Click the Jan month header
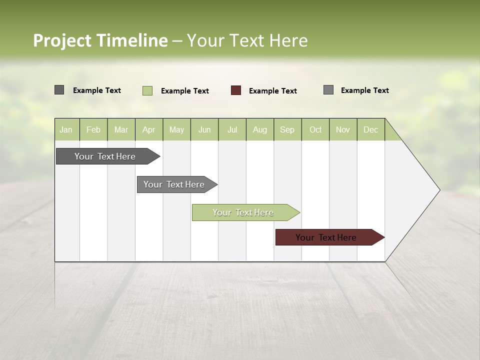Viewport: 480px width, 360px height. click(x=66, y=130)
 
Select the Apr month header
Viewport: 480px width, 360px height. click(x=148, y=130)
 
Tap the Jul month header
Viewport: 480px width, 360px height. click(x=232, y=130)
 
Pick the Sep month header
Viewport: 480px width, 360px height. click(x=287, y=130)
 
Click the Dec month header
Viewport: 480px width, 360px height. click(x=370, y=130)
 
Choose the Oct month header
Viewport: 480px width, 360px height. click(x=315, y=130)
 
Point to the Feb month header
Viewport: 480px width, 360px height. click(x=93, y=130)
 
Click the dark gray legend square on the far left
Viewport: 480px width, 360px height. click(x=59, y=90)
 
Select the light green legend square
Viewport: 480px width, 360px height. click(x=147, y=90)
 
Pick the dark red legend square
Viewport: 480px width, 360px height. click(x=236, y=90)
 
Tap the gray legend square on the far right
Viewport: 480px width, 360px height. click(x=328, y=90)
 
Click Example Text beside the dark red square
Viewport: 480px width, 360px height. click(x=272, y=91)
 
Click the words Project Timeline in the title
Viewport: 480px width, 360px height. click(x=100, y=40)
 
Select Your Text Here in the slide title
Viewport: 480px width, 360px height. click(x=247, y=40)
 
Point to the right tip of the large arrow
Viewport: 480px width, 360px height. click(x=438, y=190)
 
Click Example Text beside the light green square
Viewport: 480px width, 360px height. click(x=184, y=91)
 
